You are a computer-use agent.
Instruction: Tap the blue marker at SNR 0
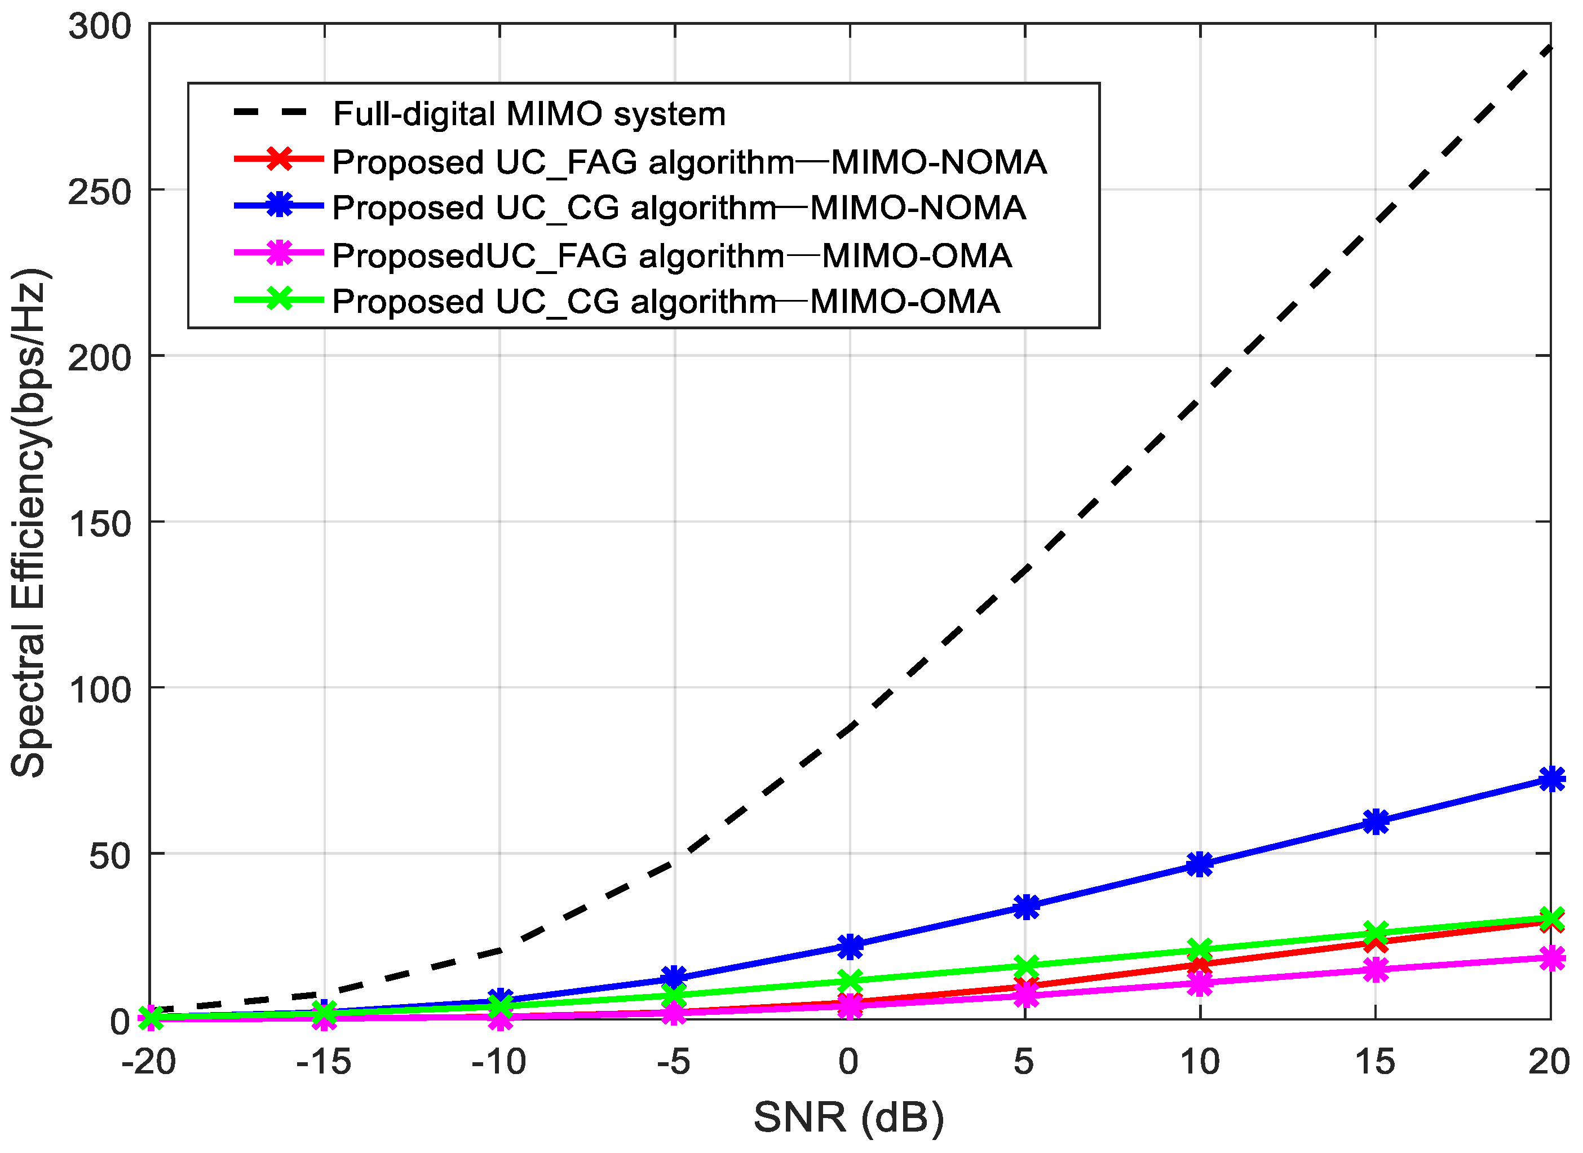pyautogui.click(x=850, y=947)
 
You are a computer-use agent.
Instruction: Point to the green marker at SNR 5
pyautogui.click(x=1025, y=966)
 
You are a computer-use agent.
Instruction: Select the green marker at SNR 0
pyautogui.click(x=850, y=981)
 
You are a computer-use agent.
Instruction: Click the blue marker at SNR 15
pyautogui.click(x=1376, y=822)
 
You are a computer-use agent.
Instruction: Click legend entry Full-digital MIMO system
pyautogui.click(x=529, y=114)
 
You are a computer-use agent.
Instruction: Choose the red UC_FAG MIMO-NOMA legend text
pyautogui.click(x=689, y=162)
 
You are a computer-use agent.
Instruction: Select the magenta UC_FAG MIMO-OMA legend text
pyautogui.click(x=671, y=255)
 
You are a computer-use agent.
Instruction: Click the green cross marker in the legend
pyautogui.click(x=280, y=299)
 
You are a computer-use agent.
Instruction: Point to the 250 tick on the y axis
pyautogui.click(x=100, y=192)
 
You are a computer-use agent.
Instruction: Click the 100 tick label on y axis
pyautogui.click(x=100, y=690)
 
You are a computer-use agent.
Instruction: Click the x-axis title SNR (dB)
pyautogui.click(x=849, y=1117)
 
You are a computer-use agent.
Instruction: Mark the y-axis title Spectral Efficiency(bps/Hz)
pyautogui.click(x=29, y=522)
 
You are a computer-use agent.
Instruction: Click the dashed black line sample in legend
pyautogui.click(x=271, y=112)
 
